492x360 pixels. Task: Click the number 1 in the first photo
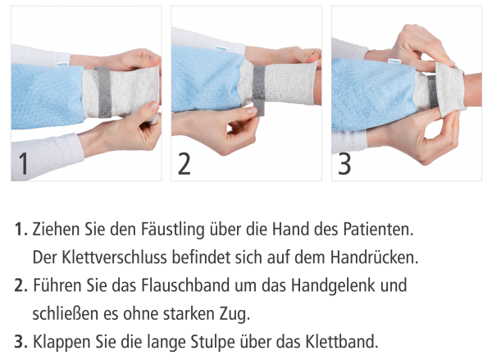point(24,165)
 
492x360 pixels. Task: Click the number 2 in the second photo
point(184,164)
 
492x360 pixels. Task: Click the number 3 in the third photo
point(344,164)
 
